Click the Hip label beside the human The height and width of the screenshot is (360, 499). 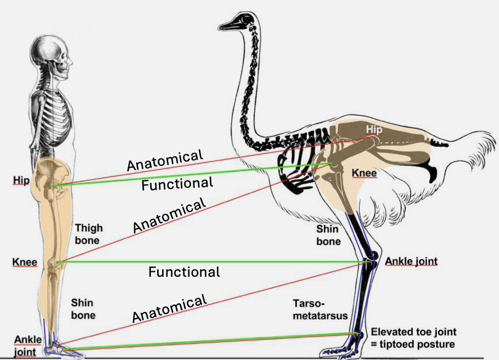21,180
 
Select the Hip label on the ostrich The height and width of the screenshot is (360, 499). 375,129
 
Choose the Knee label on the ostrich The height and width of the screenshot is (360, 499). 364,173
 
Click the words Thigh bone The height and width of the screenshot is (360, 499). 89,234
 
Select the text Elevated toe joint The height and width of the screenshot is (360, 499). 416,331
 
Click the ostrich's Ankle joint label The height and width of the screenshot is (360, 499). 411,261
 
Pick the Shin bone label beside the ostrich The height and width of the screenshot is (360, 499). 328,235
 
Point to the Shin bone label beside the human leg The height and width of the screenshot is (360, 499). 83,309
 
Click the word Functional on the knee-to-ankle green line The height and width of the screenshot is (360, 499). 184,272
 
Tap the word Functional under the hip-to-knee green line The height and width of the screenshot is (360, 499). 177,184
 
